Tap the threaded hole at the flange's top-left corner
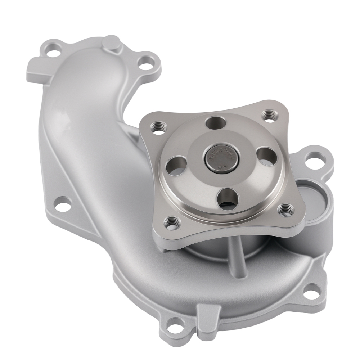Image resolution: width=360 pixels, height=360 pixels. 159,126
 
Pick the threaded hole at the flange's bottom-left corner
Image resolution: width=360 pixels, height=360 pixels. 171,223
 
